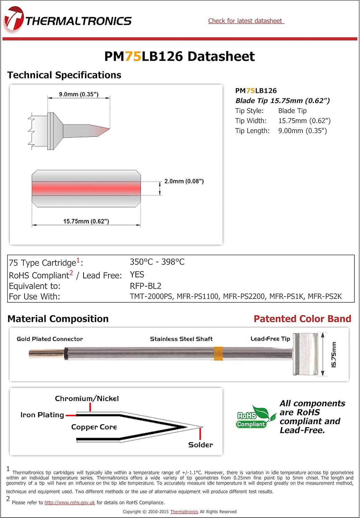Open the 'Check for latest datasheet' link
pyautogui.click(x=246, y=21)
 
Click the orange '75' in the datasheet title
pyautogui.click(x=133, y=56)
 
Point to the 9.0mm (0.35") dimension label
pyautogui.click(x=78, y=94)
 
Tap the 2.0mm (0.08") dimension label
pyautogui.click(x=184, y=181)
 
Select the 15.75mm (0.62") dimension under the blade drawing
pyautogui.click(x=86, y=221)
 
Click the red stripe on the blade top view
pyautogui.click(x=86, y=189)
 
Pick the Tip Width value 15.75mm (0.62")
pyautogui.click(x=304, y=121)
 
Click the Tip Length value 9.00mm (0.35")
pyautogui.click(x=302, y=131)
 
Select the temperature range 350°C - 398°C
pyautogui.click(x=157, y=262)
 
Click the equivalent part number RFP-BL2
pyautogui.click(x=145, y=286)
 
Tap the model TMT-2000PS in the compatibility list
pyautogui.click(x=151, y=296)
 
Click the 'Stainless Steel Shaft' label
pyautogui.click(x=181, y=339)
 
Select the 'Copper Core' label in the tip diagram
pyautogui.click(x=94, y=427)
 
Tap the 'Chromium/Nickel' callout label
pyautogui.click(x=87, y=399)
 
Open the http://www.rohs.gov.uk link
pyautogui.click(x=69, y=503)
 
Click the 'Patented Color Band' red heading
pyautogui.click(x=302, y=319)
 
